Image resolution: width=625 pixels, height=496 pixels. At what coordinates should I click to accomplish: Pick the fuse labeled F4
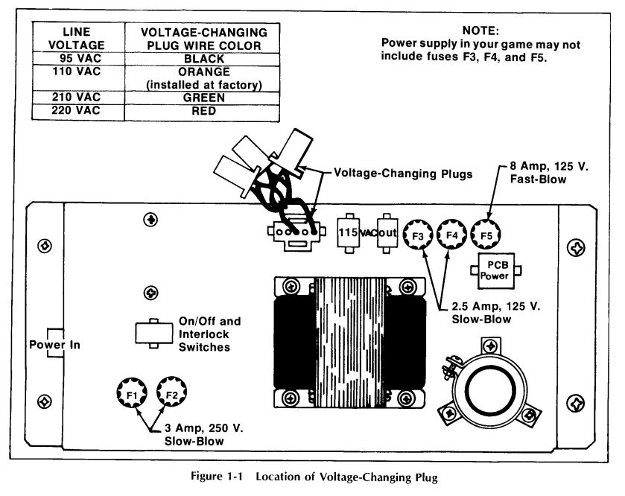(451, 235)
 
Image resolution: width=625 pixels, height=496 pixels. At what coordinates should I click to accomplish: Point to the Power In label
(54, 345)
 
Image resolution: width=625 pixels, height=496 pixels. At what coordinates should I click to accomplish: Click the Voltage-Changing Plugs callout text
(403, 174)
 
